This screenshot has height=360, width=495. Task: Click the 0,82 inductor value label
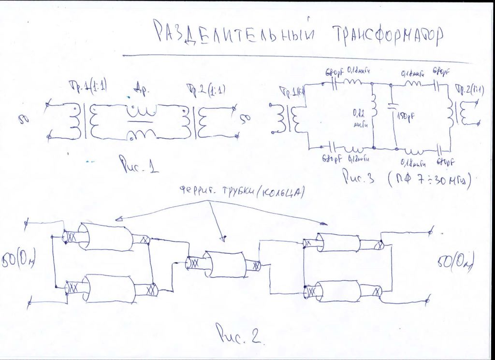pos(359,116)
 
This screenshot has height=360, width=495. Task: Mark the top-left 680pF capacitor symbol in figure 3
pos(334,85)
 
